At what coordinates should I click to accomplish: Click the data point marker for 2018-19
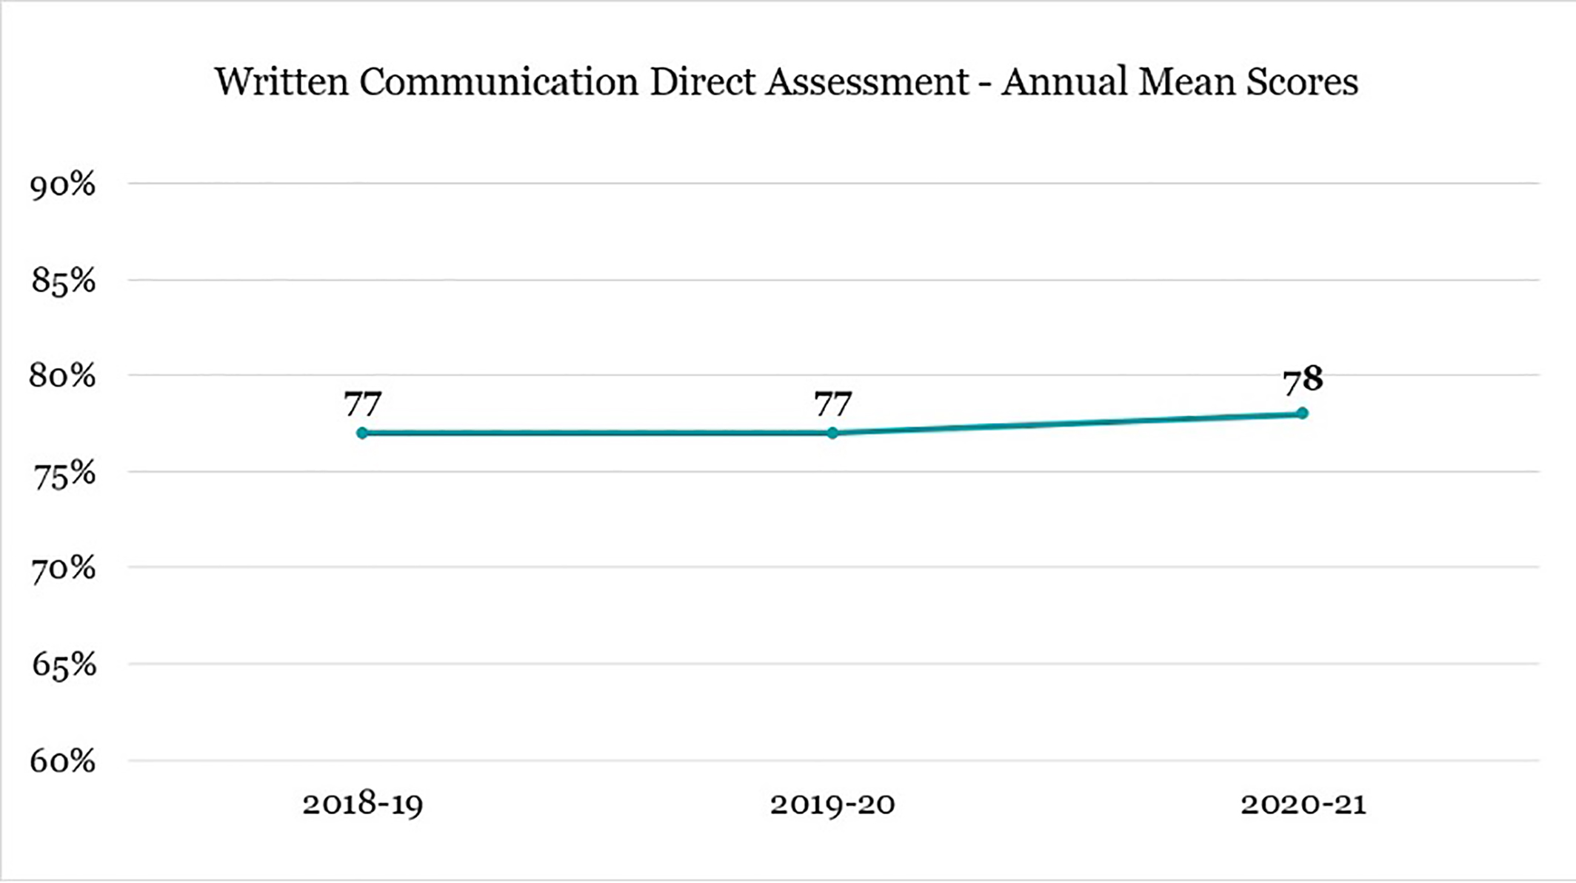[x=362, y=433]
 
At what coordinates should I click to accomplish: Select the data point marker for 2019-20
[x=832, y=433]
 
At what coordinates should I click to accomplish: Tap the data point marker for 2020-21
[x=1303, y=413]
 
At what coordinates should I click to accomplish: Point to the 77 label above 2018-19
[x=362, y=404]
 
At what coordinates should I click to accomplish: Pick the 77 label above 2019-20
[x=832, y=404]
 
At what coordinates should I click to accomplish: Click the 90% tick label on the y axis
[x=63, y=185]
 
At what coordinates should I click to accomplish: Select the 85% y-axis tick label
[x=63, y=281]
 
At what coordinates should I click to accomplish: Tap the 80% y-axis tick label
[x=63, y=376]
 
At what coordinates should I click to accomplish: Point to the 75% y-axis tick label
[x=63, y=474]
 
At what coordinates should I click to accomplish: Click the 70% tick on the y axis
[x=63, y=569]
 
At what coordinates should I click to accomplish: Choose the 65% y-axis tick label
[x=63, y=665]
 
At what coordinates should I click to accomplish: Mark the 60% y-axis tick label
[x=63, y=761]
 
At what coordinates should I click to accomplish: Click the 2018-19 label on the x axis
[x=362, y=804]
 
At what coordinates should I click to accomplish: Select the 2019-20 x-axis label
[x=832, y=804]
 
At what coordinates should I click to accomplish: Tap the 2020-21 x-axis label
[x=1303, y=804]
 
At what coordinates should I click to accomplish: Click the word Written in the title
[x=281, y=81]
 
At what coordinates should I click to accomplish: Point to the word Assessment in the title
[x=867, y=81]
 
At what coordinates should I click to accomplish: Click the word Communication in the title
[x=499, y=81]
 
